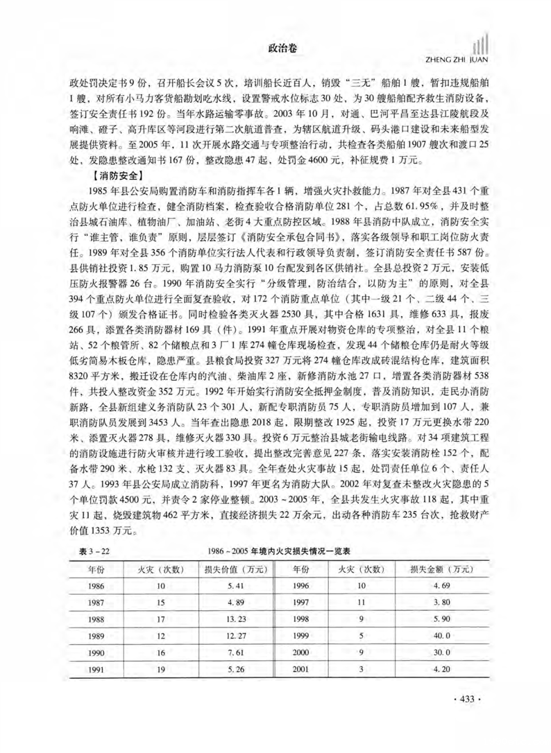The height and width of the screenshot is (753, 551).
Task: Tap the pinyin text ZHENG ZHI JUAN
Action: (451, 58)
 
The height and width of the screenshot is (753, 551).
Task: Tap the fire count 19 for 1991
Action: (160, 669)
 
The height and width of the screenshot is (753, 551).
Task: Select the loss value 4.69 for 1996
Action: (441, 587)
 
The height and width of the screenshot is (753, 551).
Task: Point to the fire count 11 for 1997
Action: (360, 602)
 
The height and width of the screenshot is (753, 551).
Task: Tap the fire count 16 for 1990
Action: (160, 652)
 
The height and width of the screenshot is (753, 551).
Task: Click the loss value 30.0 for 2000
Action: (441, 652)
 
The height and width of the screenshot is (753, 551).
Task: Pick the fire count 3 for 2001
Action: (360, 669)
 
